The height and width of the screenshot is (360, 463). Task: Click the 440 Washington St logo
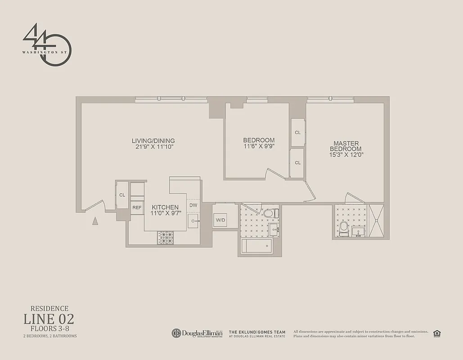click(x=47, y=45)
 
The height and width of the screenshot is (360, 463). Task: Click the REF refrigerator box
click(x=137, y=207)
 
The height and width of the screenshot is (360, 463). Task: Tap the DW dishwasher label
click(x=193, y=205)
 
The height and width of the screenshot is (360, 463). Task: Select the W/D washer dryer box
click(x=220, y=220)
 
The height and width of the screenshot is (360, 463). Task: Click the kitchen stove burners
click(x=166, y=238)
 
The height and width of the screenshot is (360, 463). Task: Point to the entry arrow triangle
click(x=95, y=220)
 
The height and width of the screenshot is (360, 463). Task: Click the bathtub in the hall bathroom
click(x=256, y=246)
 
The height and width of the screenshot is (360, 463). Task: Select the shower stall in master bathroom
click(x=376, y=220)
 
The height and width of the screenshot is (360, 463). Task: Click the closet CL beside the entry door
click(x=122, y=195)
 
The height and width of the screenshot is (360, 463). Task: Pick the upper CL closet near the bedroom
click(x=297, y=132)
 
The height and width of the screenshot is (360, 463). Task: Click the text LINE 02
click(x=49, y=319)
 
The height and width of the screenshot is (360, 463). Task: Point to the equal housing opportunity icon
click(x=436, y=333)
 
